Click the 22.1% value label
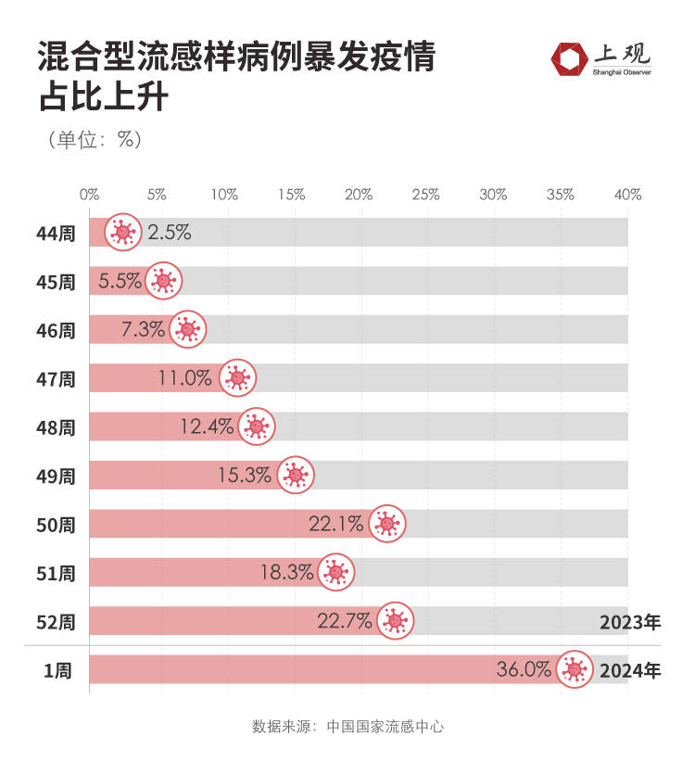click(x=335, y=525)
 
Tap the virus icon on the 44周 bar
click(x=122, y=233)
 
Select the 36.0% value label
click(x=524, y=669)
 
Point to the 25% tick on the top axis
click(x=425, y=195)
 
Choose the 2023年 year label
click(x=629, y=621)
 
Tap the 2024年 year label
click(x=629, y=670)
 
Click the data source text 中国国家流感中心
click(x=385, y=726)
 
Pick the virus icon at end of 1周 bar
click(x=575, y=669)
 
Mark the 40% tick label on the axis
click(x=627, y=195)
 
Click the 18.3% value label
click(x=286, y=573)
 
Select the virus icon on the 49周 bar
click(x=296, y=476)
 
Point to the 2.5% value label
click(x=169, y=233)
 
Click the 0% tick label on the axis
click(x=89, y=195)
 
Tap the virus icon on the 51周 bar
click(x=336, y=573)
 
